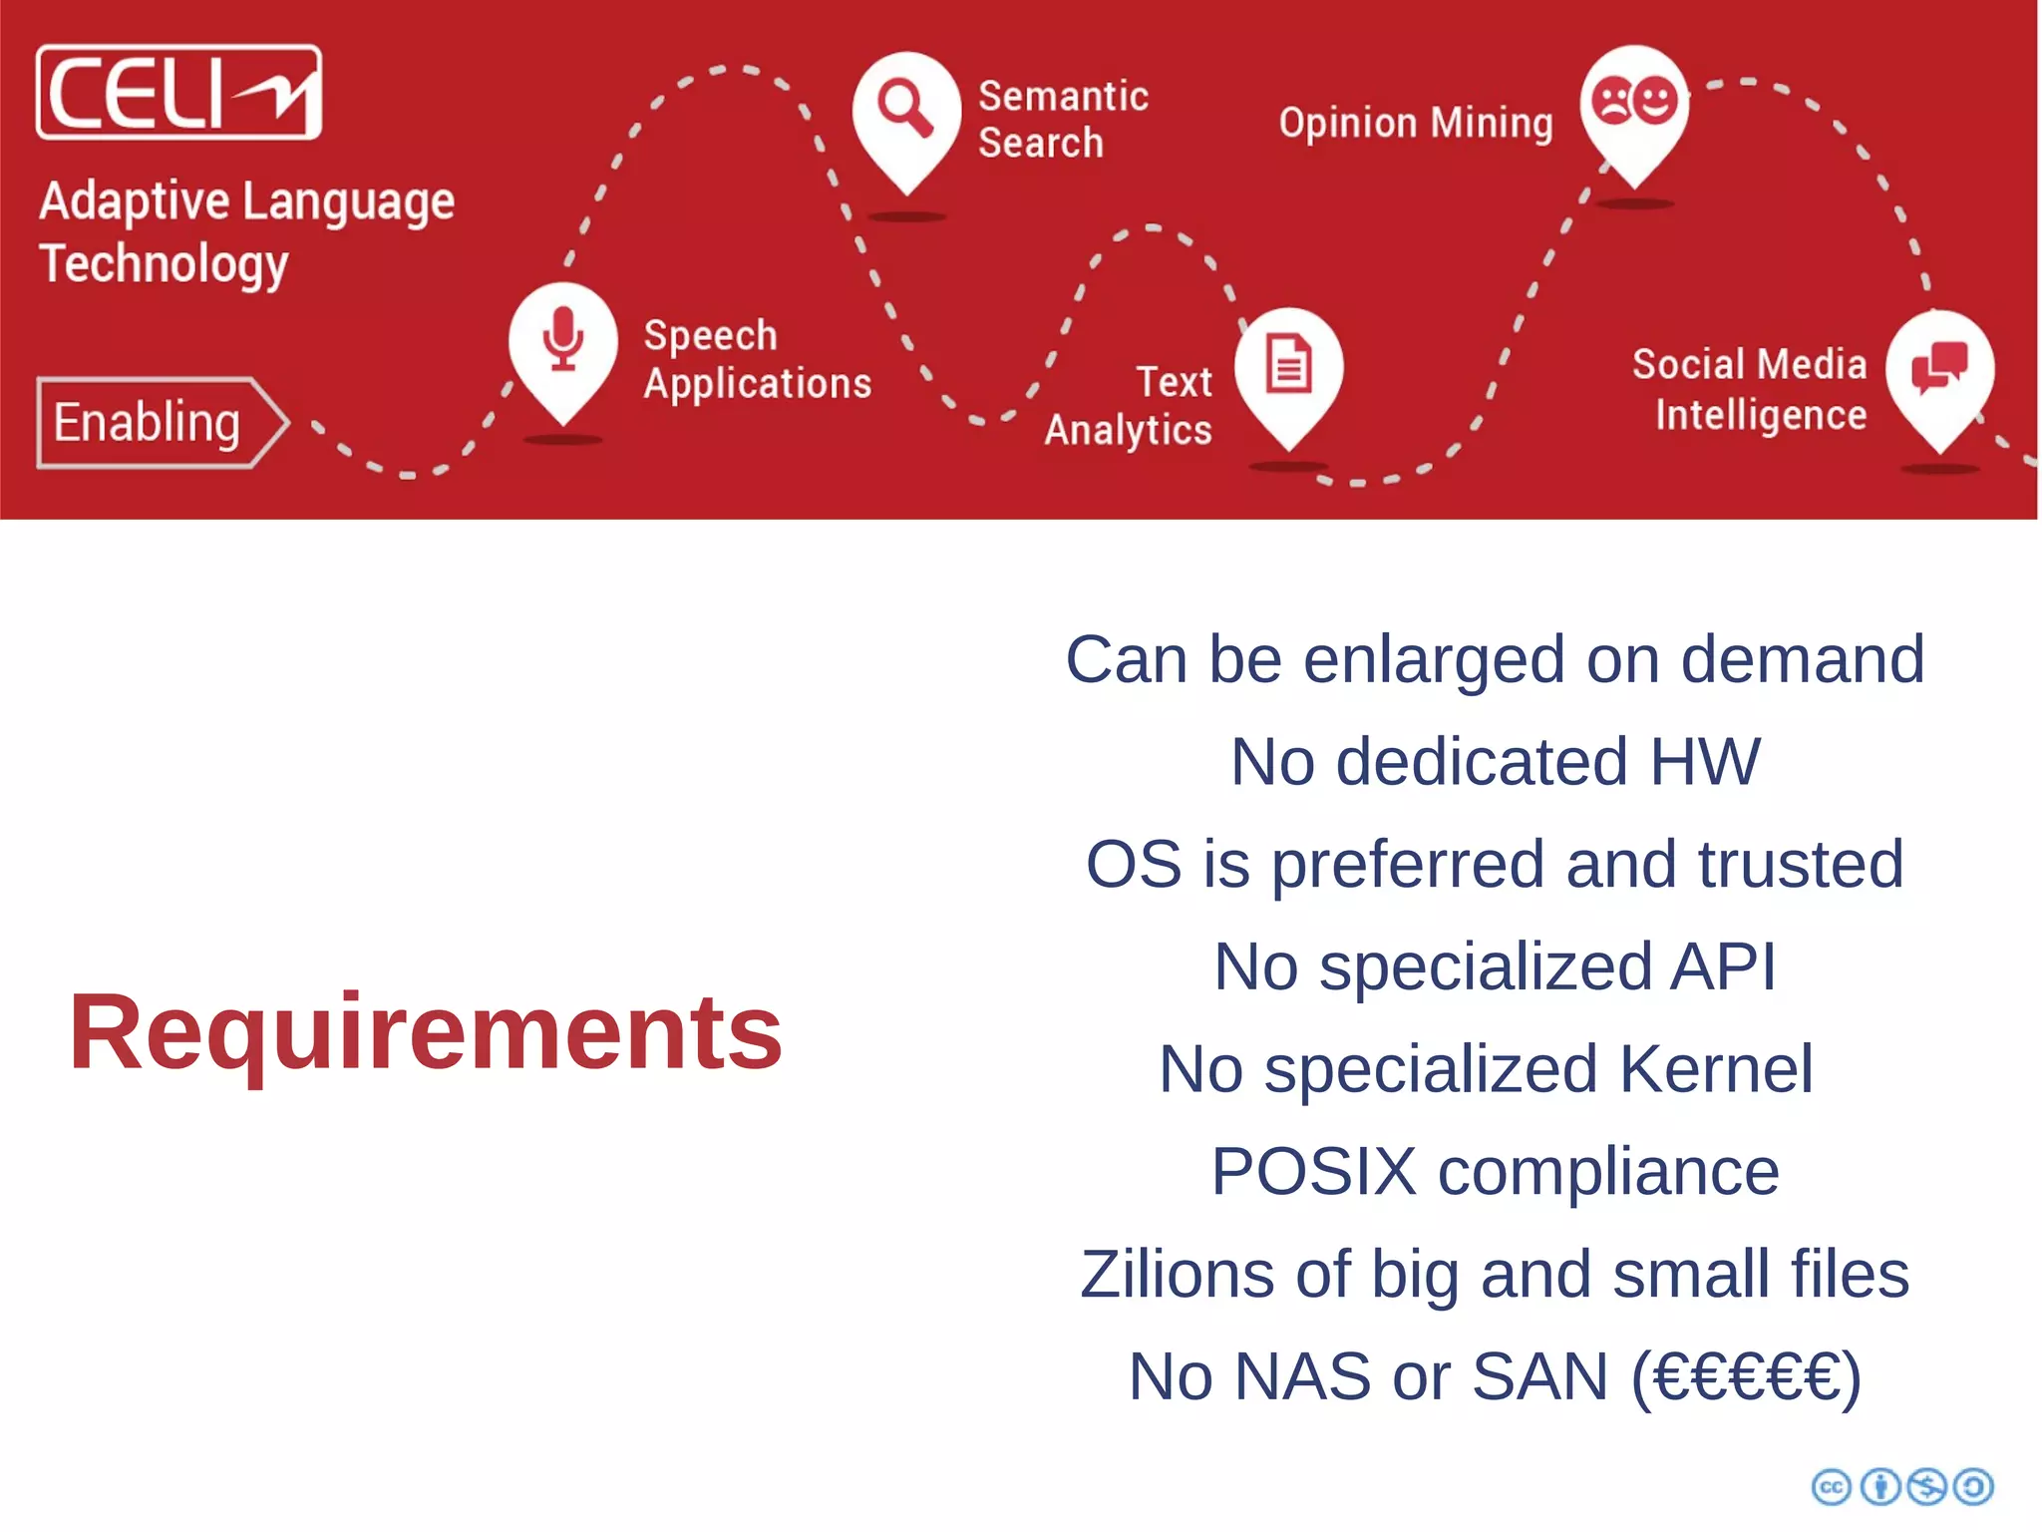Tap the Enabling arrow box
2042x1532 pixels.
(160, 422)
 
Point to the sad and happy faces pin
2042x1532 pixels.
(1634, 102)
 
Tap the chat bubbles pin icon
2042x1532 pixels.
(1939, 367)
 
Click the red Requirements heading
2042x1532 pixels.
(426, 1033)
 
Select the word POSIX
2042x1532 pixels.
(1313, 1171)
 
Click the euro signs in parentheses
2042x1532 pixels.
(1746, 1377)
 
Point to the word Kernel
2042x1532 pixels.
(1715, 1069)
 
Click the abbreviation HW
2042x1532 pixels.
(1704, 762)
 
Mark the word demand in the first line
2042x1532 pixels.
(1803, 659)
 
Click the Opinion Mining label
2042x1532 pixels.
(1416, 124)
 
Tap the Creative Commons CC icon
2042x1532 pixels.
(1831, 1487)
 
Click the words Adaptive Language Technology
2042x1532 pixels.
(246, 232)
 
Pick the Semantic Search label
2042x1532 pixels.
(1062, 120)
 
